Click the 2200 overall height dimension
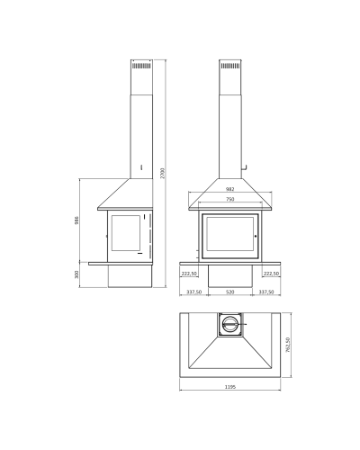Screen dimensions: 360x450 click(163, 174)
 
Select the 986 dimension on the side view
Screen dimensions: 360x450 click(76, 220)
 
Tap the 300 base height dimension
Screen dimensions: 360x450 click(76, 274)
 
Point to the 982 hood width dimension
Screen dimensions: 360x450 click(230, 189)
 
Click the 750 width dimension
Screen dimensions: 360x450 click(230, 199)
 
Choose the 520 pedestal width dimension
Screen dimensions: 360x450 click(230, 292)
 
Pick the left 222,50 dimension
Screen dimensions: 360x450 click(189, 274)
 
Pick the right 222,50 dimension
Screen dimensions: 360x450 click(271, 274)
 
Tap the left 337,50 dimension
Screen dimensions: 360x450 click(194, 292)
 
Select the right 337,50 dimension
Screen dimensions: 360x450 click(266, 292)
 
